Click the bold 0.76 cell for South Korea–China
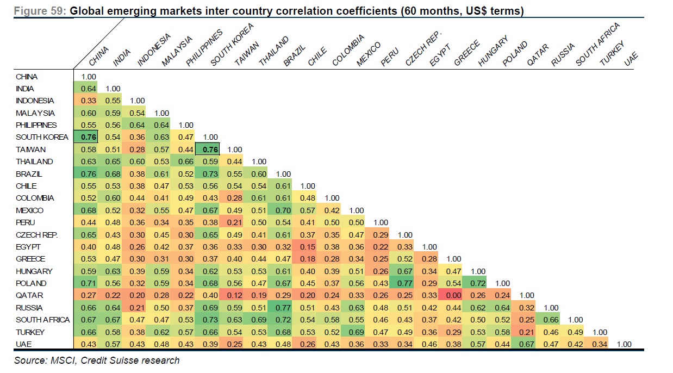click(x=89, y=137)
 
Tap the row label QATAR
click(x=29, y=295)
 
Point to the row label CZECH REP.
click(x=37, y=234)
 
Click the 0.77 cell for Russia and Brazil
click(x=283, y=308)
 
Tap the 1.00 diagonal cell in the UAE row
click(x=625, y=344)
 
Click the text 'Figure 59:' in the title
click(x=41, y=11)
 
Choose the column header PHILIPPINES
click(x=204, y=49)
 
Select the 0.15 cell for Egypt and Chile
click(x=308, y=247)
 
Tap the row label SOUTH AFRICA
click(x=43, y=320)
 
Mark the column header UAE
click(x=631, y=60)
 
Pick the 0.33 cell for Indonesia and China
click(x=89, y=101)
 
